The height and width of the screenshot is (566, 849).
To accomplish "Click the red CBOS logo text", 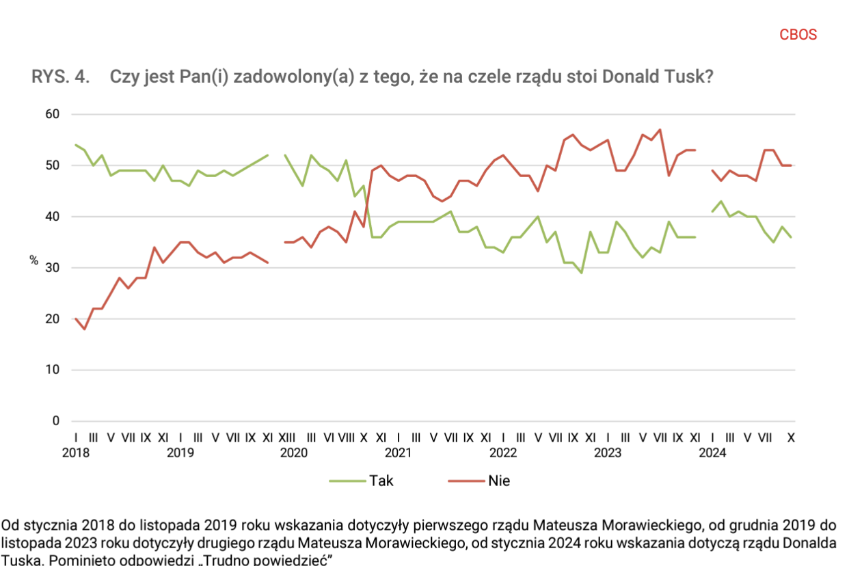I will click(798, 35).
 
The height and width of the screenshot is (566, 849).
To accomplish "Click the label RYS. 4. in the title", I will click(61, 77).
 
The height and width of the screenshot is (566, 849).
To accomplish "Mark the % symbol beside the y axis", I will click(33, 260).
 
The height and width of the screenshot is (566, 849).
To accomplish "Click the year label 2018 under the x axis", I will click(75, 452).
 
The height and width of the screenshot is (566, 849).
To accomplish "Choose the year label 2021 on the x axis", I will click(398, 452).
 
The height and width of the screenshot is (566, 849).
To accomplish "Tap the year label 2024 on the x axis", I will click(713, 452).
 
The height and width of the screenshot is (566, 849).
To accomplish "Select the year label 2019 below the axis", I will click(180, 452).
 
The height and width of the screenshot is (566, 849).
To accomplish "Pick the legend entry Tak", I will click(381, 481).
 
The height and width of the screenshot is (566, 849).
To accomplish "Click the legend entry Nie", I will click(499, 481).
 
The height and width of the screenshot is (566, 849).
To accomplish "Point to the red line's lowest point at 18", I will click(85, 329).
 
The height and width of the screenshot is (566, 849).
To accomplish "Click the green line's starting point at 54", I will click(75, 145).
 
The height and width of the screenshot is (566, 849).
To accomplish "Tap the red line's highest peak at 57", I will click(660, 130).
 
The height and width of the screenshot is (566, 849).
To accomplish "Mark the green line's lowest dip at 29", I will click(581, 273).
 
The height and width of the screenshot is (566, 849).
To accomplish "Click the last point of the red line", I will click(792, 165).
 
